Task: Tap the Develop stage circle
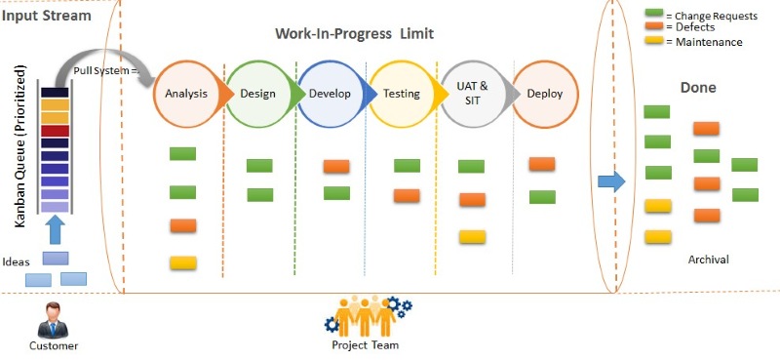click(x=330, y=94)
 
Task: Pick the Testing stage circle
click(x=402, y=94)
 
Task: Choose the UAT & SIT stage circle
click(x=473, y=94)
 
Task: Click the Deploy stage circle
click(x=544, y=94)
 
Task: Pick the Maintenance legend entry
click(x=694, y=42)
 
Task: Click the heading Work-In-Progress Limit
click(x=354, y=33)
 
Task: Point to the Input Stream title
click(x=47, y=16)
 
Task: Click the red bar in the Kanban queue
click(x=55, y=131)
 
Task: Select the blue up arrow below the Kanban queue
click(x=56, y=228)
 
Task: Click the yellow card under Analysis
click(x=183, y=262)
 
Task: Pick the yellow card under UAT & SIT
click(x=472, y=236)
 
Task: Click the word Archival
click(x=708, y=259)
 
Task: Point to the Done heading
click(x=698, y=88)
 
